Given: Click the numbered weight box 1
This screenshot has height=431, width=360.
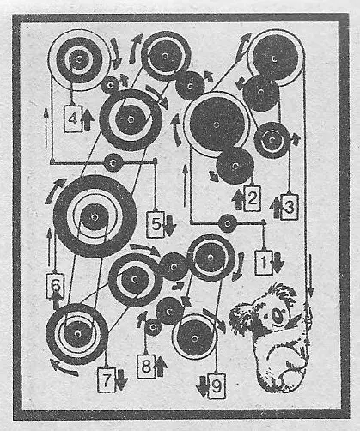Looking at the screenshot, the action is tap(264, 263).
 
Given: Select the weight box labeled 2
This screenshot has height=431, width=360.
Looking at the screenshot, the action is tap(252, 198).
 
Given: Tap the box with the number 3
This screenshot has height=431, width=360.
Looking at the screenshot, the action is tap(290, 207).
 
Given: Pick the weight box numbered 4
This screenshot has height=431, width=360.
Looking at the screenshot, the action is tap(73, 118).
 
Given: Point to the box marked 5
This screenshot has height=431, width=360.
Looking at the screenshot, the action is tap(156, 224).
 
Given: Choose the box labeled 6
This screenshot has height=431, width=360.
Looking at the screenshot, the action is tap(55, 286).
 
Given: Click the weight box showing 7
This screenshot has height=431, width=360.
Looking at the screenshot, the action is tap(107, 379).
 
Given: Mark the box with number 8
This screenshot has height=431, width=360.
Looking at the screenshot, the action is tap(146, 366).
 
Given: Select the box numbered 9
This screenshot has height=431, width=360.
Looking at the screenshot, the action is tap(217, 386).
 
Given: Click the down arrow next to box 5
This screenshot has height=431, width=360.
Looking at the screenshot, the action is tap(169, 226).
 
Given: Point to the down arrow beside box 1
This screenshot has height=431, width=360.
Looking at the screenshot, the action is tap(278, 263).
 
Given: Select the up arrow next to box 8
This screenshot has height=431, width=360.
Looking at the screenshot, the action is tap(162, 366).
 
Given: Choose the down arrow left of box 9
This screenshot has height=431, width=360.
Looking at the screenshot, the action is tap(202, 386).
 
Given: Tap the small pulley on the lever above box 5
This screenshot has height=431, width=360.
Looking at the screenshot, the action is tap(113, 162).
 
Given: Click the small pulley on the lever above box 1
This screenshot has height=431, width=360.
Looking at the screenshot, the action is tap(228, 223).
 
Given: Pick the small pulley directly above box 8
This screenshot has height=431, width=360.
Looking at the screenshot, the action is tap(153, 326).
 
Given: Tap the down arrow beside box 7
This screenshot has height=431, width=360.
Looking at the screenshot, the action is tap(122, 379).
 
